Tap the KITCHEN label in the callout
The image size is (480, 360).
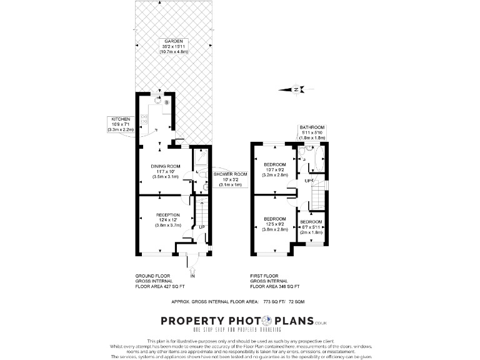[x=121, y=119]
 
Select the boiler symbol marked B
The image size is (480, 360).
[x=167, y=102]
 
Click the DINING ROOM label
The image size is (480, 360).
[x=166, y=166]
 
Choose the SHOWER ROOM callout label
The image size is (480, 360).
[x=231, y=174]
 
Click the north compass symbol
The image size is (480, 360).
[x=296, y=89]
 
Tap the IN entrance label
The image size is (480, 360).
[x=192, y=275]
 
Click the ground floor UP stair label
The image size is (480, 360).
[x=202, y=227]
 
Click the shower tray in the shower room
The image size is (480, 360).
[x=201, y=158]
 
